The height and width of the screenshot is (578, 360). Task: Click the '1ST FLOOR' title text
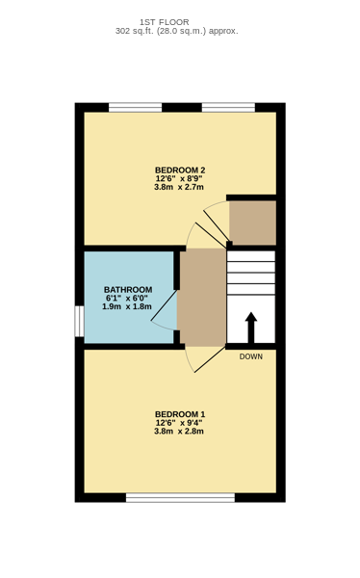pyautogui.click(x=165, y=22)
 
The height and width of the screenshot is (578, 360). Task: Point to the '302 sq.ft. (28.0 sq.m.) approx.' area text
pyautogui.click(x=177, y=31)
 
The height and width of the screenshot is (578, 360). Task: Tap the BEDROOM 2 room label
pyautogui.click(x=180, y=170)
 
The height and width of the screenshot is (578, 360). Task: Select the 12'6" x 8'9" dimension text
pyautogui.click(x=179, y=178)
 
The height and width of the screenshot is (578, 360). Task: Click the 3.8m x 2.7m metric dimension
pyautogui.click(x=179, y=187)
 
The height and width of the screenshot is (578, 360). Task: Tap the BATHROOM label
pyautogui.click(x=128, y=290)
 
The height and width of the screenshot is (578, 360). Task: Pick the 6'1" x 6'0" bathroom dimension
pyautogui.click(x=127, y=298)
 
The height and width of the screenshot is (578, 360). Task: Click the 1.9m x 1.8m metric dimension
pyautogui.click(x=127, y=306)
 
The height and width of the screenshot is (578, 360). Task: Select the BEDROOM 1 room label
pyautogui.click(x=180, y=414)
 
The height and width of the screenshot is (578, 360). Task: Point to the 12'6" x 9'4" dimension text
pyautogui.click(x=179, y=423)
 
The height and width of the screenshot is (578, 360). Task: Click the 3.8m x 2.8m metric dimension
pyautogui.click(x=179, y=432)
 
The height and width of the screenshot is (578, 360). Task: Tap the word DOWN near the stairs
pyautogui.click(x=251, y=356)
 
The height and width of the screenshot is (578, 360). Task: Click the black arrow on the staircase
pyautogui.click(x=251, y=328)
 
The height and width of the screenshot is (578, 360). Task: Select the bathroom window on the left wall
pyautogui.click(x=80, y=321)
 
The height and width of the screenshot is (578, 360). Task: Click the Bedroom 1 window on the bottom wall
pyautogui.click(x=181, y=498)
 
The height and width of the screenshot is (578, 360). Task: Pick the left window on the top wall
pyautogui.click(x=135, y=107)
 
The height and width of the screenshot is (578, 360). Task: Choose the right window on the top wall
pyautogui.click(x=228, y=107)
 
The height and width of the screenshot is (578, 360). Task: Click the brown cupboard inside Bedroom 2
pyautogui.click(x=253, y=223)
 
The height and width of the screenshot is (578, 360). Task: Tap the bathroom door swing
pyautogui.click(x=165, y=310)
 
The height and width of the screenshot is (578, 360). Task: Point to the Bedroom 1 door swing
pyautogui.click(x=204, y=359)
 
